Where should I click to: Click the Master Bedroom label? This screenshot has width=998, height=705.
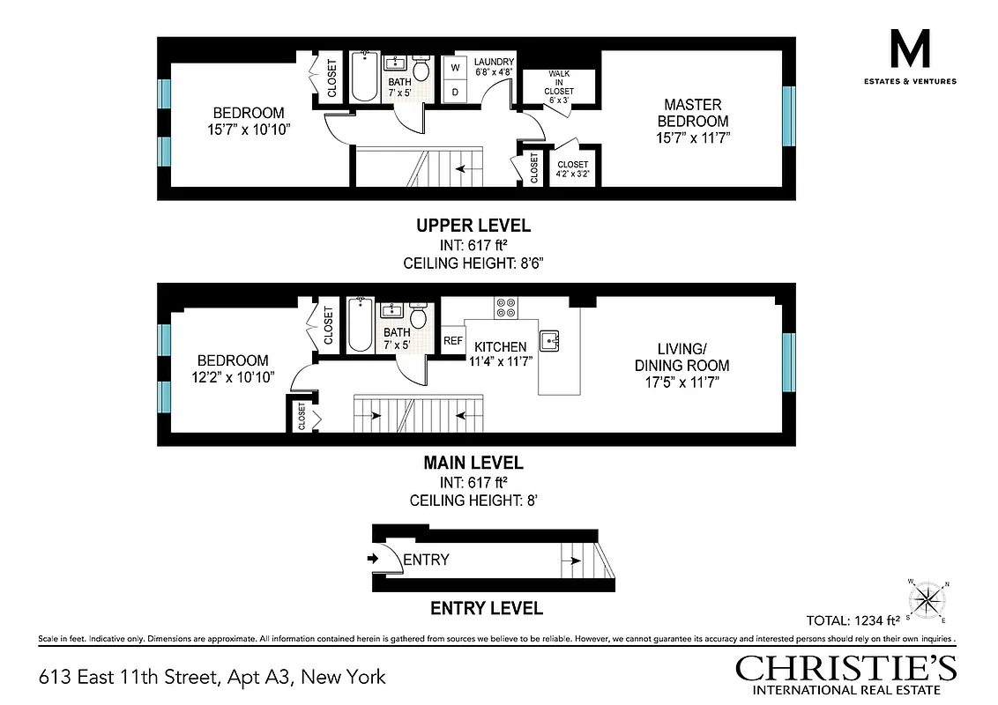click(x=696, y=121)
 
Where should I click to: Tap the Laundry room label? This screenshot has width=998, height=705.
click(x=494, y=66)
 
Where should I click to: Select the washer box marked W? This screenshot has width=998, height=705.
click(x=456, y=68)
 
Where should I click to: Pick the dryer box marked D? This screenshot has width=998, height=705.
click(x=456, y=92)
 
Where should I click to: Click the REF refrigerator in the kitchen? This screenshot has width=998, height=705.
click(x=453, y=341)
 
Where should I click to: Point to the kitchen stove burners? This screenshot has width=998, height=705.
click(x=506, y=308)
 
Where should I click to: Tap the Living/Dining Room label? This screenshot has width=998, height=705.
click(x=682, y=365)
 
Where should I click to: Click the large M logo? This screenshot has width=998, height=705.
click(x=911, y=48)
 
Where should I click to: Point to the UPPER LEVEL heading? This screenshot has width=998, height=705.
click(x=473, y=226)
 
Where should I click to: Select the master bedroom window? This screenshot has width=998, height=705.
click(x=788, y=118)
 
